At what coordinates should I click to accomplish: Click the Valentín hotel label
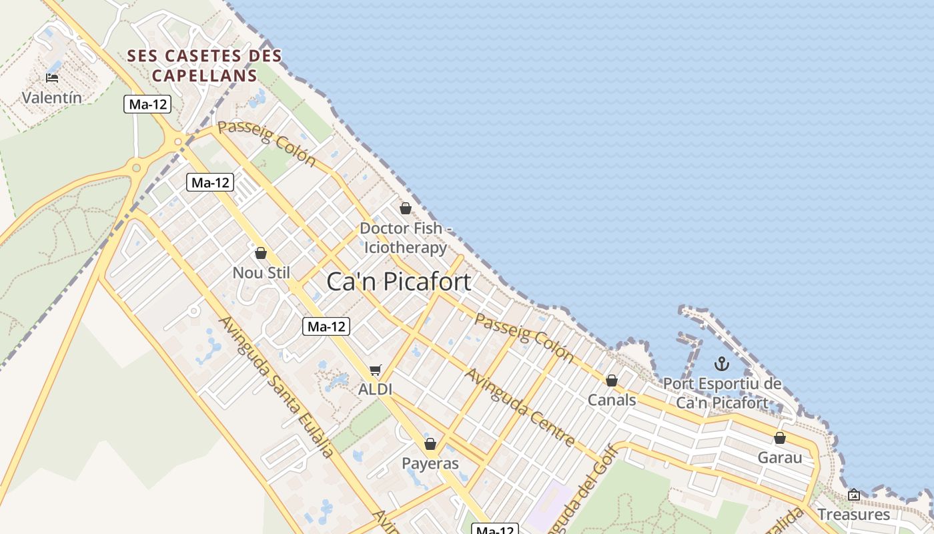tap(52, 97)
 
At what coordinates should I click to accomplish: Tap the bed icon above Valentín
tap(52, 78)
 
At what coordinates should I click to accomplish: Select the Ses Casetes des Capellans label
tap(204, 65)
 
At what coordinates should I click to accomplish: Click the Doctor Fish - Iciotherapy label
tap(406, 238)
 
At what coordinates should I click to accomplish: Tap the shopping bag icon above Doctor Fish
tap(405, 208)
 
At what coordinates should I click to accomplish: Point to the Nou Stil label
tap(261, 272)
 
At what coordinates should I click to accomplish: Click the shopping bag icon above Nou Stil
tap(261, 253)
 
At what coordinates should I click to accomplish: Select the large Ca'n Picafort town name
tap(398, 282)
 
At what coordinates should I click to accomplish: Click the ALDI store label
tap(375, 389)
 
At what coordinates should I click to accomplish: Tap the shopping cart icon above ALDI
tap(376, 370)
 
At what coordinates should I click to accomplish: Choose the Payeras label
tap(430, 463)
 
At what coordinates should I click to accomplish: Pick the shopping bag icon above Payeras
tap(430, 444)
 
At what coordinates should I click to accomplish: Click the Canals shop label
tap(612, 400)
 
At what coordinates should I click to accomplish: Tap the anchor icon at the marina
tap(722, 364)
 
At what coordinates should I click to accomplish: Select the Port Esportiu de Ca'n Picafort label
tap(722, 393)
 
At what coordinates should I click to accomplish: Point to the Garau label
tap(780, 458)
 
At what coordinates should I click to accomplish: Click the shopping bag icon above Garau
tap(779, 439)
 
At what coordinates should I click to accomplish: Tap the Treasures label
tap(853, 515)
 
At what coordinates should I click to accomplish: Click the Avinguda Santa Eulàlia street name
tap(276, 387)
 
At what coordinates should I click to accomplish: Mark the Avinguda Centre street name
tap(520, 407)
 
